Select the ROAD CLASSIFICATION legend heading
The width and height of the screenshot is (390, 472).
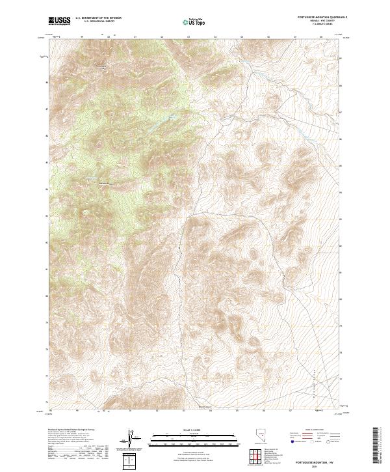tap(307, 430)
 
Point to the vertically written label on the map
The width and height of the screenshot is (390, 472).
tap(312, 378)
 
